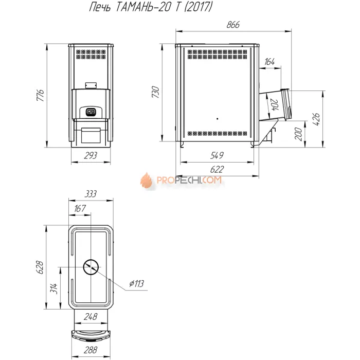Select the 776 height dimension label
42,95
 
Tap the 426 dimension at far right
317,119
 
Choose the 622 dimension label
217,169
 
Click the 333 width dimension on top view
91,194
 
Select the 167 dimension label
80,209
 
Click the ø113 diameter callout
136,283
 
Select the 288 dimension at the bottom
91,350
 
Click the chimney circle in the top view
91,266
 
